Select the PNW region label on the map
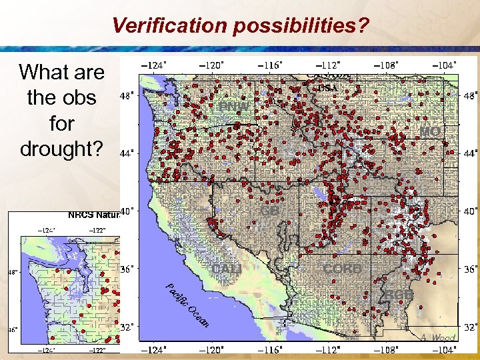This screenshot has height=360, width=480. [x=235, y=107]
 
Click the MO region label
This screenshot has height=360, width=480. [x=430, y=133]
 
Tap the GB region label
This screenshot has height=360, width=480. [x=269, y=211]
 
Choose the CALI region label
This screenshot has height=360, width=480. [x=227, y=269]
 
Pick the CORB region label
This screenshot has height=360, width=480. [x=343, y=269]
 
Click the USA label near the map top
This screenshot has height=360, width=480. [x=327, y=87]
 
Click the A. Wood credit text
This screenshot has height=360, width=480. [x=439, y=337]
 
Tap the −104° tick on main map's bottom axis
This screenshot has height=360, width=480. [x=445, y=349]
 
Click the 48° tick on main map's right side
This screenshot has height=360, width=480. [x=470, y=95]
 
